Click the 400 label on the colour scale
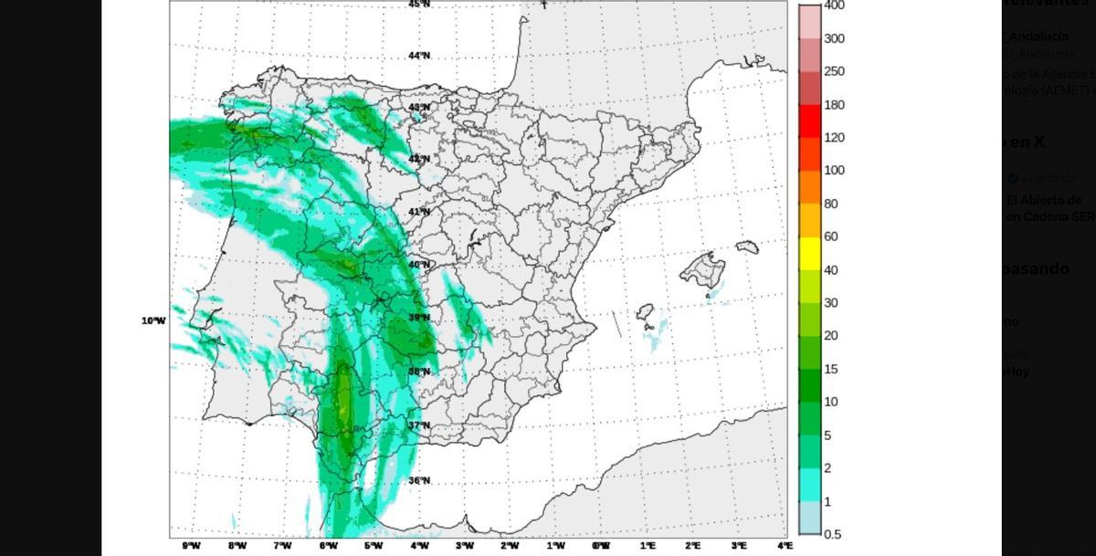coord(834,5)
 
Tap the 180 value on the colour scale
coord(834,105)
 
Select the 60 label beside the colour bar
coord(831,237)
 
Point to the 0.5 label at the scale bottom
coord(832,534)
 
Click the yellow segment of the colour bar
coord(809,254)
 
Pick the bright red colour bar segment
coord(809,121)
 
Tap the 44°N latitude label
coord(419,56)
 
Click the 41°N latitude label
coord(419,212)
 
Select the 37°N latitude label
coord(419,425)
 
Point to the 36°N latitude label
coord(419,481)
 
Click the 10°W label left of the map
coord(153,320)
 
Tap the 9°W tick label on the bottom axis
coord(191,546)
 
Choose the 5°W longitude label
coord(374,546)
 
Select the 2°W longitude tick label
coord(510,546)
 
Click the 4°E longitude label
coord(785,546)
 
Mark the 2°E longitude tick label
coord(693,546)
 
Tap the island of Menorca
coord(747,247)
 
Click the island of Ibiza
coord(645,311)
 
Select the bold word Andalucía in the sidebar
coord(1038,37)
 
